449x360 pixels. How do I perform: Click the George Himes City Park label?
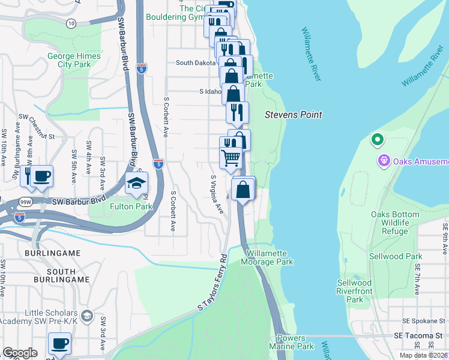(x=69, y=61)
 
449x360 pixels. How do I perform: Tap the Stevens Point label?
(x=294, y=115)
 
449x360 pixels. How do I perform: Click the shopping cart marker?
(x=231, y=158)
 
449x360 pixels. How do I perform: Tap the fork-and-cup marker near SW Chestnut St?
(x=36, y=176)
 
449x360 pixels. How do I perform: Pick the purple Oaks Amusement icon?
(x=382, y=161)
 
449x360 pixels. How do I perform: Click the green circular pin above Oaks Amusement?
(x=378, y=141)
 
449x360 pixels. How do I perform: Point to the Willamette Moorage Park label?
(x=267, y=258)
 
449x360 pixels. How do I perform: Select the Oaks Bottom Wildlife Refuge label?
(x=390, y=223)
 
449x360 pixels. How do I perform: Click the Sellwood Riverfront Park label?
(x=354, y=291)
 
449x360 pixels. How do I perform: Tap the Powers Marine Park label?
(x=296, y=343)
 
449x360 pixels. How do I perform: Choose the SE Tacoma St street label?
(x=418, y=335)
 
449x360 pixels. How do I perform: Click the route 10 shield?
(x=71, y=23)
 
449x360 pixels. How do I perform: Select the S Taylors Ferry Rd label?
(x=213, y=281)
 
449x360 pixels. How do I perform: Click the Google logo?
(x=20, y=353)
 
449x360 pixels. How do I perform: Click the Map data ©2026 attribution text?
(x=424, y=355)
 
